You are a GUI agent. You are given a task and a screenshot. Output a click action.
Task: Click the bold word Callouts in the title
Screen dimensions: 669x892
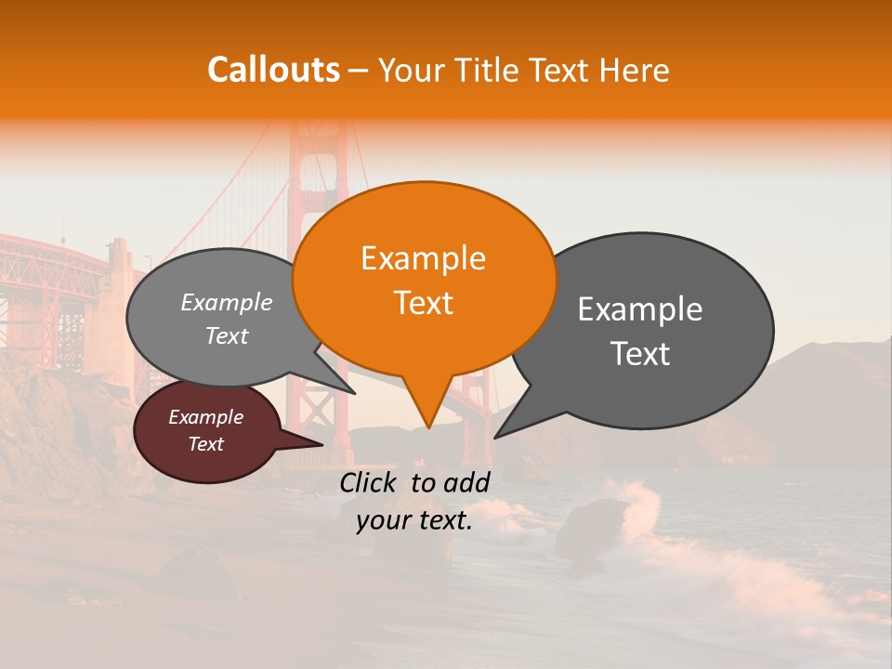point(273,70)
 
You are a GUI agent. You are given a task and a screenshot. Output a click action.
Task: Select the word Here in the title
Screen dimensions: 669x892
point(634,70)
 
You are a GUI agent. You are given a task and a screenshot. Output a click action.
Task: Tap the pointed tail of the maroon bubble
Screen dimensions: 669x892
point(311,445)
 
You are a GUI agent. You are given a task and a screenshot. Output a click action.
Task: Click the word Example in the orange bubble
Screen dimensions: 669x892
point(424,258)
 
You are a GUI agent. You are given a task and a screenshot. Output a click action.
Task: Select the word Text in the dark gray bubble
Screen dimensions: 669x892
point(640,353)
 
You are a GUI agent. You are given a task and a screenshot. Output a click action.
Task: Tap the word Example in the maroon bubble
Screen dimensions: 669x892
point(206,417)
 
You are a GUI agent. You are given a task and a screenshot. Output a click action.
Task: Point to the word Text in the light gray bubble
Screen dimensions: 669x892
point(227,335)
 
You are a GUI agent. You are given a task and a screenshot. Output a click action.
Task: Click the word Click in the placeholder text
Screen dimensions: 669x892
point(370,482)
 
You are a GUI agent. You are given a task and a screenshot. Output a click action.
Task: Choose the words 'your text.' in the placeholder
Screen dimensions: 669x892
point(414,520)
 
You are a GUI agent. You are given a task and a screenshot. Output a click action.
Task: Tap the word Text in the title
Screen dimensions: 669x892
point(560,70)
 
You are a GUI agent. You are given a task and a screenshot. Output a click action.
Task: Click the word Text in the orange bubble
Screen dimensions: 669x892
point(424,303)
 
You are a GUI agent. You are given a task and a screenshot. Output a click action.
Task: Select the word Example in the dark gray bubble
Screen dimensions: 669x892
point(640,308)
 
